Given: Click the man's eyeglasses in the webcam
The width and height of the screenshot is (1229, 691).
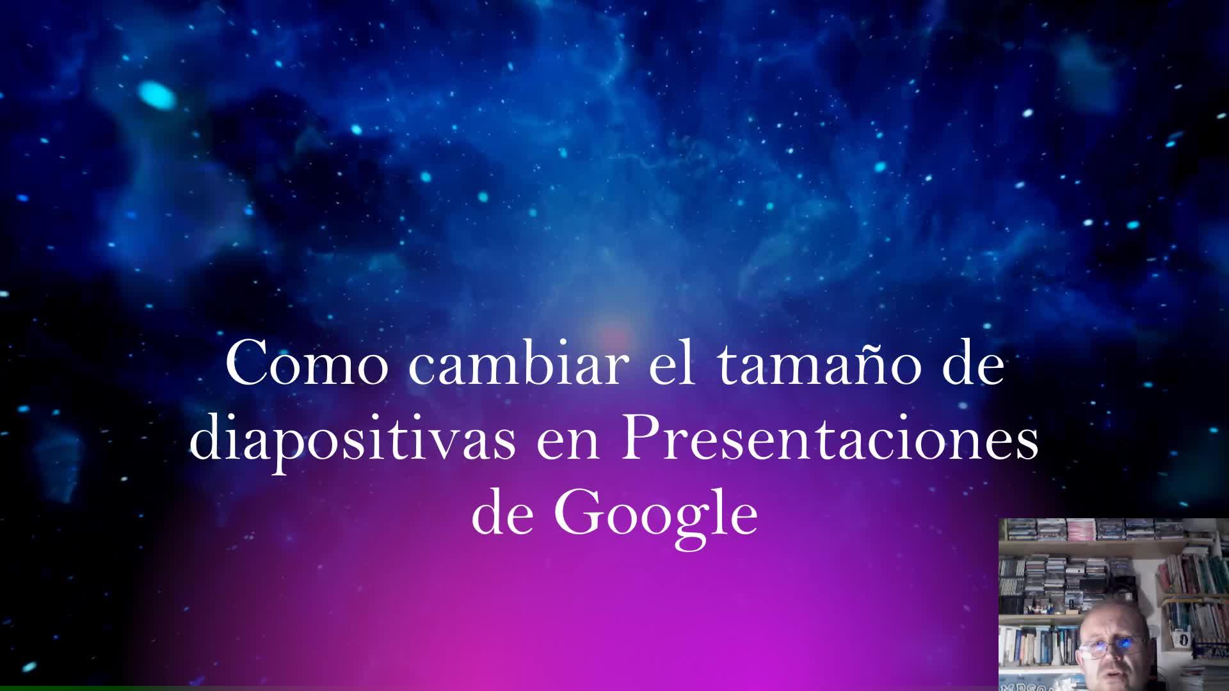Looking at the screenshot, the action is point(1111,646).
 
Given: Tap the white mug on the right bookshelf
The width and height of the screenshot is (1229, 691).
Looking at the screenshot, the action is point(1184,639).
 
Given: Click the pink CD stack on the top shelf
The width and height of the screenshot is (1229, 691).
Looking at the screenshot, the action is point(1080,530).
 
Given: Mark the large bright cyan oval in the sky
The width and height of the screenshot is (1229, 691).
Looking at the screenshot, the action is point(157,96).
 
